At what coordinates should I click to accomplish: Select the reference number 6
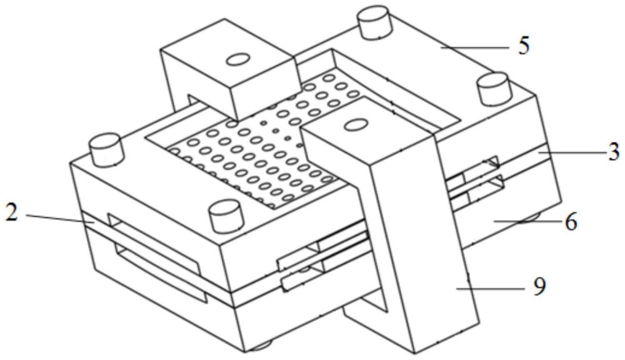(571, 222)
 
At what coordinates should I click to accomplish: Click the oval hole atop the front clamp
(353, 125)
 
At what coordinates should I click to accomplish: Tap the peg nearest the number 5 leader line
(494, 87)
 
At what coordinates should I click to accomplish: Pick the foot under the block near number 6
(532, 218)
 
